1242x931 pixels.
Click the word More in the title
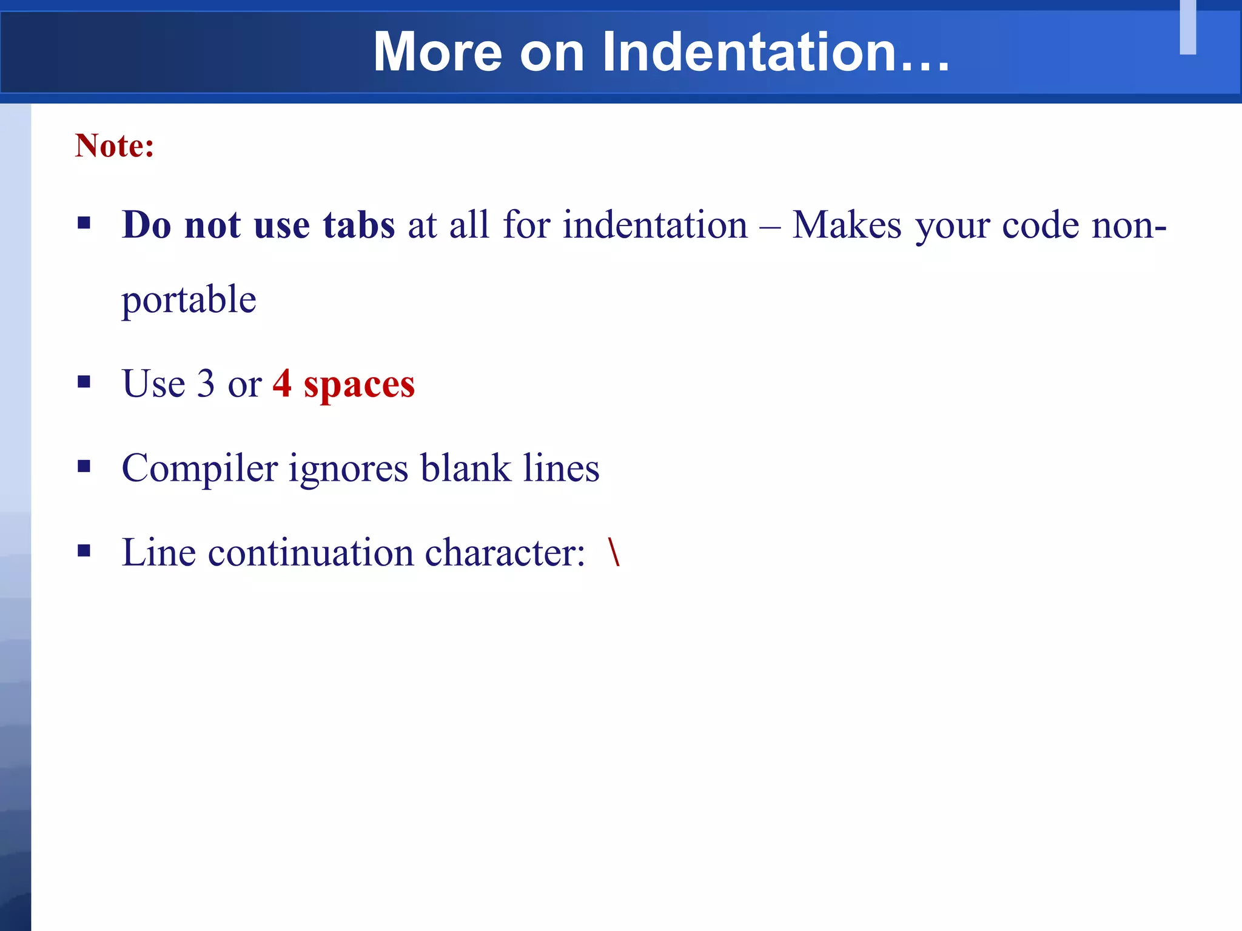coord(437,52)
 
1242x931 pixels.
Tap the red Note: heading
coord(115,146)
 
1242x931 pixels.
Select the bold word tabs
coord(359,225)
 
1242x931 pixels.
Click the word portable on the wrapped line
coord(189,299)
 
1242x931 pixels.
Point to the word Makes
coord(847,225)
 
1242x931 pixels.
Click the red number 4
coord(282,384)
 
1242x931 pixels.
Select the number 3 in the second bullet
coord(206,384)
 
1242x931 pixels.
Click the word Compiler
coord(200,469)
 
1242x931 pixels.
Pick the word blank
coord(466,469)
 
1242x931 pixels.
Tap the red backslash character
coord(614,552)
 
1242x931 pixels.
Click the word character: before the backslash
coord(505,553)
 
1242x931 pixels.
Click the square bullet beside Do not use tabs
coord(84,223)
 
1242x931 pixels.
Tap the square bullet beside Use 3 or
coord(84,382)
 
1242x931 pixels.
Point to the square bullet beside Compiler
coord(84,466)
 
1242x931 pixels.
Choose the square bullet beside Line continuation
coord(84,550)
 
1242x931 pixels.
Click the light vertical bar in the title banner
coord(1187,27)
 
